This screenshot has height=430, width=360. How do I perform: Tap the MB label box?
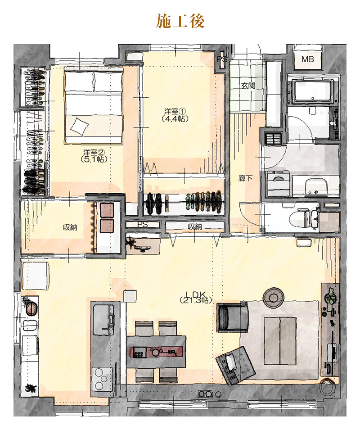point(307,59)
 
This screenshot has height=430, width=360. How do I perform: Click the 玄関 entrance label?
point(248,86)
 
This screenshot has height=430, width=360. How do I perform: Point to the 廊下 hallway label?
point(245,178)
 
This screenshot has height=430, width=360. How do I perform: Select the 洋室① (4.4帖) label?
point(175,115)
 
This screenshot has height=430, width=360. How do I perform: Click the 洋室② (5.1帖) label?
point(94,155)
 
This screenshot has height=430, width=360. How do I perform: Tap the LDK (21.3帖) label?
point(196,297)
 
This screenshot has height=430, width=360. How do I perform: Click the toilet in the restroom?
point(304,219)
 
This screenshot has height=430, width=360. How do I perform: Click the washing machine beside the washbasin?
point(279,183)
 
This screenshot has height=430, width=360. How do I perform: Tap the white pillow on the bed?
point(80,127)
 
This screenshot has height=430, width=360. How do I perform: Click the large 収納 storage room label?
point(70,227)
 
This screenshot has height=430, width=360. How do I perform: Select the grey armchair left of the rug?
point(232,317)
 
